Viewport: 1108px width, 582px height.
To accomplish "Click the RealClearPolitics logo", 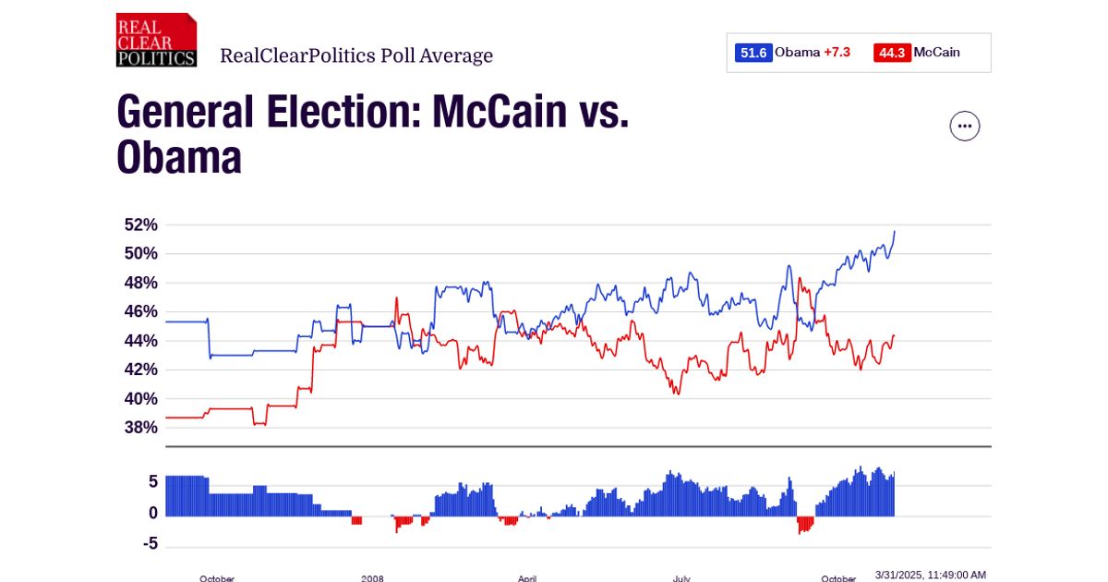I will [x=156, y=40].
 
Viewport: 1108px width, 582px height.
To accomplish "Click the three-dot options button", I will [x=965, y=126].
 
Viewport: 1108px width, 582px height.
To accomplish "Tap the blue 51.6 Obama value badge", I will [x=753, y=53].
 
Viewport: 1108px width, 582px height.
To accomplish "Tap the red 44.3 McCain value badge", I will [x=891, y=53].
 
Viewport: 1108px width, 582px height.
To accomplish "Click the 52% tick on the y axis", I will [x=140, y=224].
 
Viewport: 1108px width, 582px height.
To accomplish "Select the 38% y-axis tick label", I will [x=140, y=428].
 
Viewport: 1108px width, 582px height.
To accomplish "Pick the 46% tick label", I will [x=140, y=311].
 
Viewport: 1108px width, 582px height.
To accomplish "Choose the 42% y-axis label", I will [x=140, y=370].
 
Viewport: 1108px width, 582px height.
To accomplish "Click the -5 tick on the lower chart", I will [x=149, y=544].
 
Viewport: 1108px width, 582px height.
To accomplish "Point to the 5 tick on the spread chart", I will [x=152, y=481].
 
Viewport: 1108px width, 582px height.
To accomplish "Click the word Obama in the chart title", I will [x=179, y=158].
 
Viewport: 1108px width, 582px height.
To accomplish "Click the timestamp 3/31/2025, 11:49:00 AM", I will [x=930, y=575].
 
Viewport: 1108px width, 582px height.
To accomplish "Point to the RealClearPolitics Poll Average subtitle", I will [x=356, y=55].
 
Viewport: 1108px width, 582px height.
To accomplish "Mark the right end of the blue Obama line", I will [x=895, y=231].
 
